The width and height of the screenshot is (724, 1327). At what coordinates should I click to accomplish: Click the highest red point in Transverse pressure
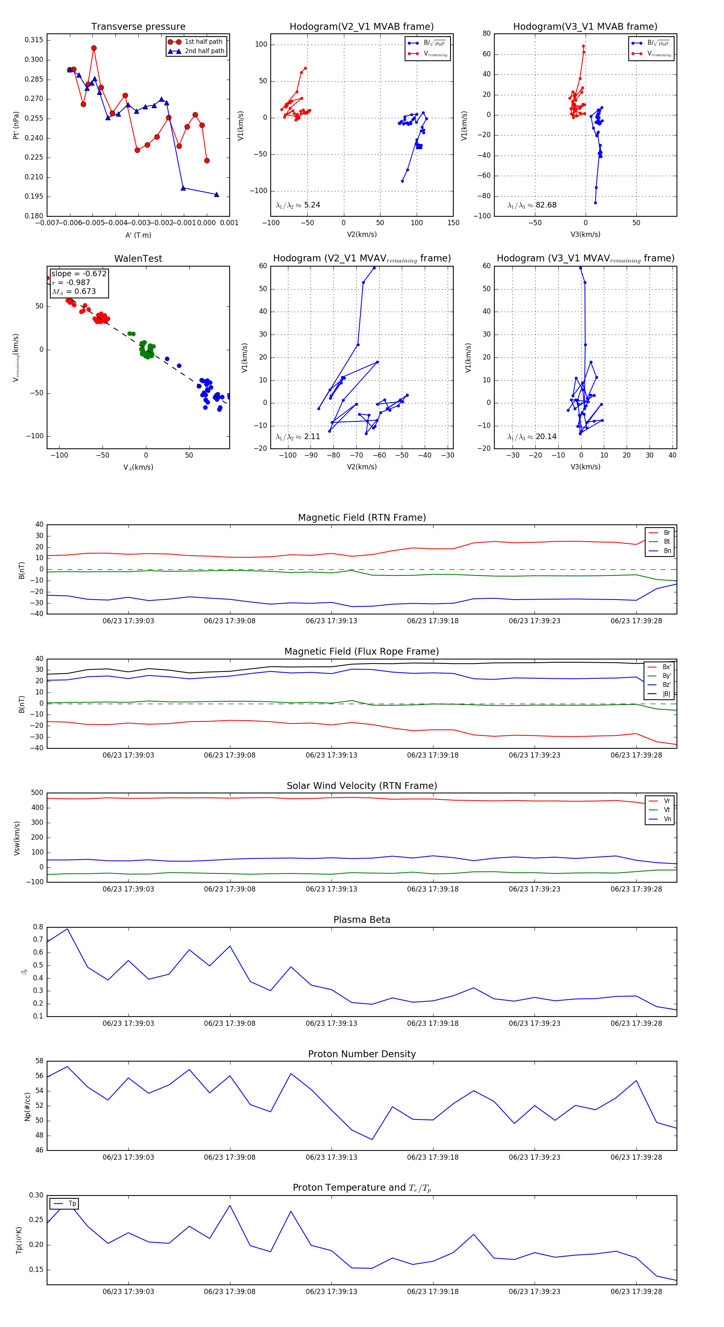pos(94,48)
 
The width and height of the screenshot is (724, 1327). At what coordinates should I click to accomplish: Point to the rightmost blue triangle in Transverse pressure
pos(216,195)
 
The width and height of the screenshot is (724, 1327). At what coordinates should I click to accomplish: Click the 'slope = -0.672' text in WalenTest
pos(79,273)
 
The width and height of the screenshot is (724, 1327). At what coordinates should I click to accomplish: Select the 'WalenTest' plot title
pos(138,259)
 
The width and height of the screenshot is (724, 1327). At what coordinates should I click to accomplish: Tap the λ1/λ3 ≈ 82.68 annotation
pos(532,205)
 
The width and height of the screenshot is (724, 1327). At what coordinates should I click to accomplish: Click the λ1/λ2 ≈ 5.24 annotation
pos(298,205)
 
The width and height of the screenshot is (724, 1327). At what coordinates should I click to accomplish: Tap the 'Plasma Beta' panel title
pos(362,920)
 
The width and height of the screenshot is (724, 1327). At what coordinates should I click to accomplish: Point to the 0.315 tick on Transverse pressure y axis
pos(34,40)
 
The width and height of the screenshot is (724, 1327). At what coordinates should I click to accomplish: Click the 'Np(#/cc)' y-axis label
pos(28,1107)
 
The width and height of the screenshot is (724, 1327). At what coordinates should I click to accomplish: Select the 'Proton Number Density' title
pos(362,1054)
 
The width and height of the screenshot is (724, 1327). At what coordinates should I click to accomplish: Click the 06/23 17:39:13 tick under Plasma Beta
pos(331,1023)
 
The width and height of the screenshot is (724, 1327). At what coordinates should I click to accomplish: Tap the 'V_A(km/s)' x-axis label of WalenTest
pos(138,467)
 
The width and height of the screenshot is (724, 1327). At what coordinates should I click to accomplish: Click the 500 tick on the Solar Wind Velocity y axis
pos(37,793)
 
